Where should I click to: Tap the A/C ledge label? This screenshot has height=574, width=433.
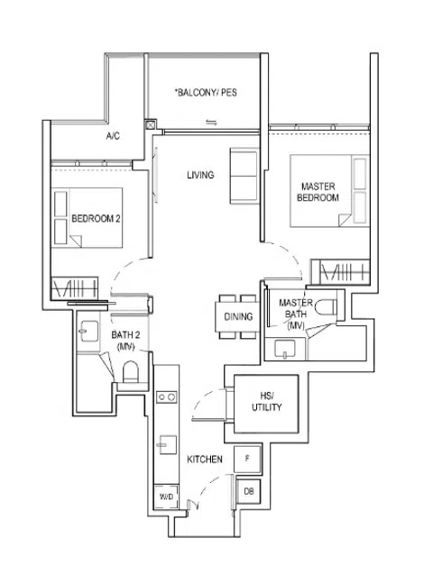[x=114, y=137]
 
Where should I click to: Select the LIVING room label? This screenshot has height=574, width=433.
[x=200, y=175]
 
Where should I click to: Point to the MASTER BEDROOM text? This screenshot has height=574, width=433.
[x=319, y=191]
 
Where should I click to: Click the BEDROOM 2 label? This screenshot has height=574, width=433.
[x=96, y=218]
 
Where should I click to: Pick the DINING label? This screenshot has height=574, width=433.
[x=238, y=317]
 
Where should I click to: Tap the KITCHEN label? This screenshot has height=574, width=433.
[x=205, y=460]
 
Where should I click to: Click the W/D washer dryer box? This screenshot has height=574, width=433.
[x=165, y=497]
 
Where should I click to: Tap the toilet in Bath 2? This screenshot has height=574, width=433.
[x=131, y=373]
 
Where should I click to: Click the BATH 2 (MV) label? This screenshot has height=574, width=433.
[x=124, y=340]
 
